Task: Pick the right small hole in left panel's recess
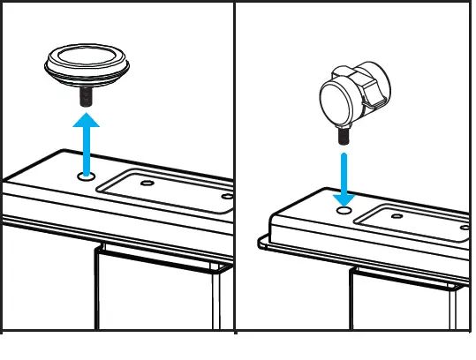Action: pos(227,196)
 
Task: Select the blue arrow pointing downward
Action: pos(344,176)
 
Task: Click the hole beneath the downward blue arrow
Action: pos(344,212)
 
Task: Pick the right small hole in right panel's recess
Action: pos(465,226)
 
